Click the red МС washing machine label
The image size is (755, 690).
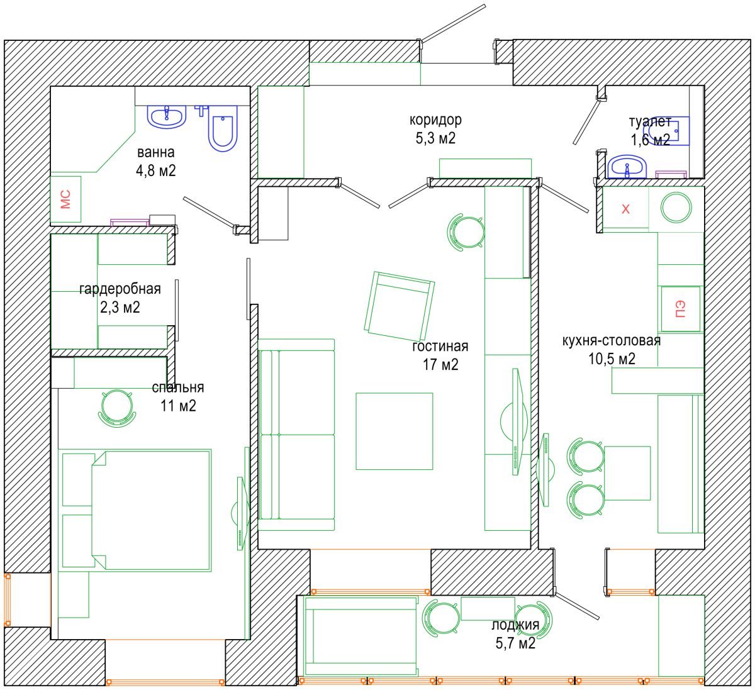tap(65, 199)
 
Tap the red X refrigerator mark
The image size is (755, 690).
tap(625, 209)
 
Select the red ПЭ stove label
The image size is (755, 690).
tap(681, 309)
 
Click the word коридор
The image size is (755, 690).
tap(435, 120)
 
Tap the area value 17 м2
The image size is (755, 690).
tap(440, 364)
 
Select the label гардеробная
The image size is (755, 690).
tap(120, 289)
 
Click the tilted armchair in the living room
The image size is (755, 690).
tap(400, 306)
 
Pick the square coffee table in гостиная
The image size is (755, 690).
tap(394, 431)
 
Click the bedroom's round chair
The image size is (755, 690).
tap(117, 408)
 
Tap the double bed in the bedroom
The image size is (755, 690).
tap(150, 510)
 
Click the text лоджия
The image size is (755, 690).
tap(515, 625)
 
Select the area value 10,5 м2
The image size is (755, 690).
tap(612, 359)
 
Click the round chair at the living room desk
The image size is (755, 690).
tap(466, 231)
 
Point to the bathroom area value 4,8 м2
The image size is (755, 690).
tap(156, 171)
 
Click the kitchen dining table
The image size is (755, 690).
tap(627, 473)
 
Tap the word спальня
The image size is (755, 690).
tap(178, 387)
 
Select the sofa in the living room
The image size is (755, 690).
tap(296, 435)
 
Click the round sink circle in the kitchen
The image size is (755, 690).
tap(676, 208)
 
